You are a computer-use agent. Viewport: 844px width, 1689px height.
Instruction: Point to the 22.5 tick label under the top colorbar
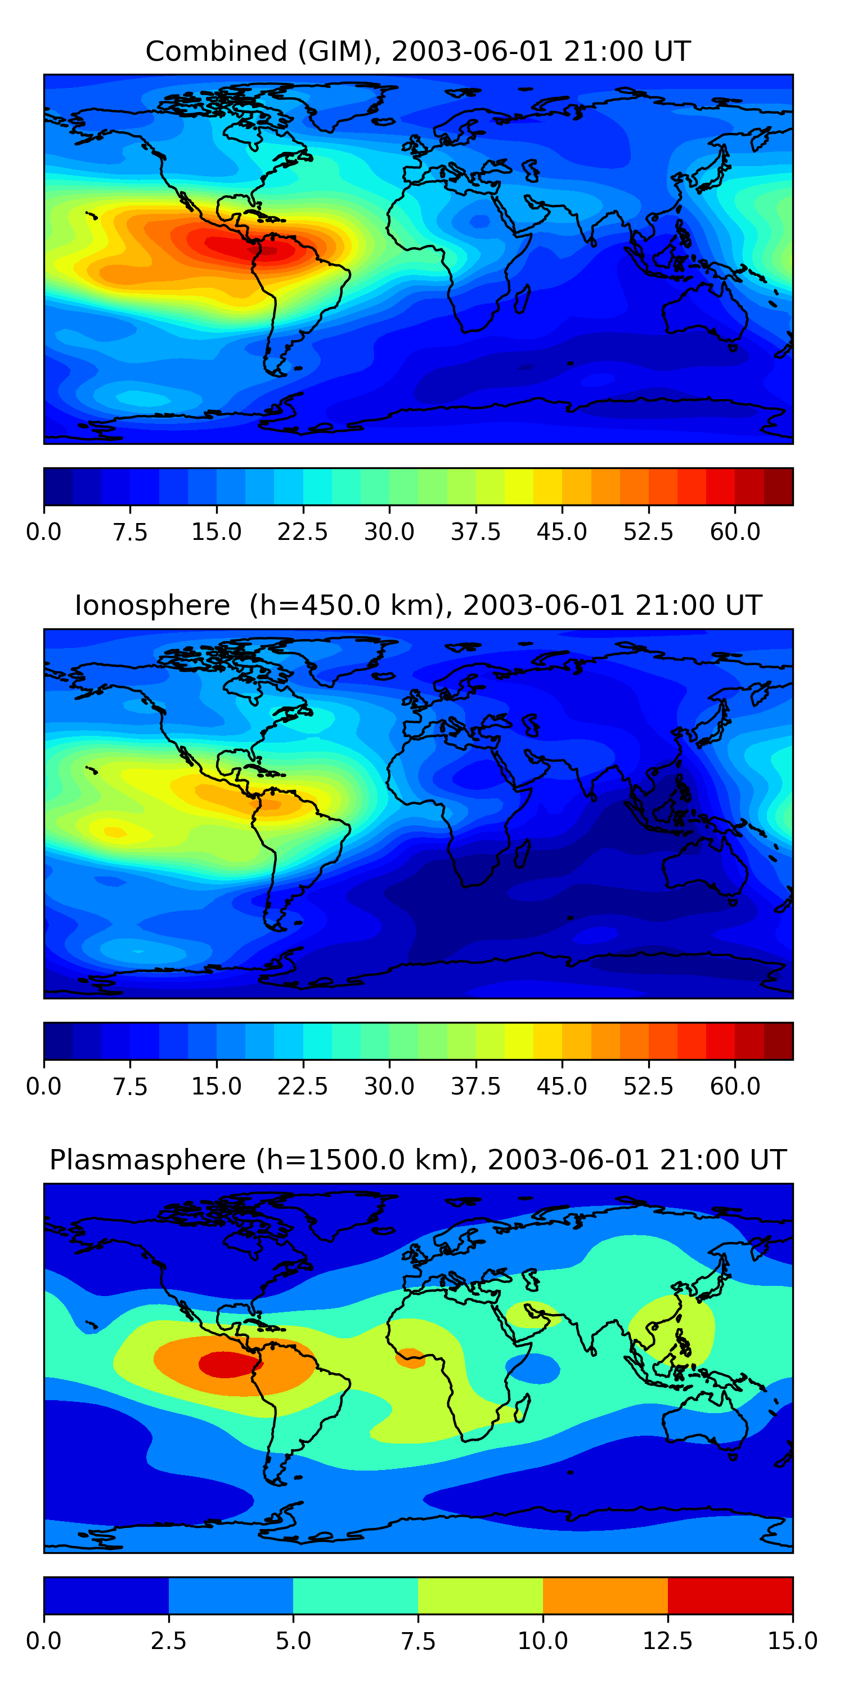point(302,531)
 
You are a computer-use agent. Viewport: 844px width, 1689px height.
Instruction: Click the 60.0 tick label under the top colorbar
point(735,531)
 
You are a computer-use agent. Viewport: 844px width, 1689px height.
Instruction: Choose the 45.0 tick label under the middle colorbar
point(562,1086)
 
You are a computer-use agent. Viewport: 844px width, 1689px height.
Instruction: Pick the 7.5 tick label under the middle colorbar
point(130,1086)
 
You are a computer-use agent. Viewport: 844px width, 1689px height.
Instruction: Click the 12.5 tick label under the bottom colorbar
point(667,1641)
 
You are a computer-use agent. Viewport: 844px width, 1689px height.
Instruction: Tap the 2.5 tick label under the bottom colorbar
point(168,1641)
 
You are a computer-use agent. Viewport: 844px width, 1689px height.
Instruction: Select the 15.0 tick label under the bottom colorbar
point(792,1641)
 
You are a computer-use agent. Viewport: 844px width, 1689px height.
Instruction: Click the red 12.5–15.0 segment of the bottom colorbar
point(730,1595)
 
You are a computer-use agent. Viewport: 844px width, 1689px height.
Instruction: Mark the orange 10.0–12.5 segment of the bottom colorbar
point(605,1595)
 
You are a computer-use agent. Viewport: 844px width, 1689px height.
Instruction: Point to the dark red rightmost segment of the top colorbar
point(779,486)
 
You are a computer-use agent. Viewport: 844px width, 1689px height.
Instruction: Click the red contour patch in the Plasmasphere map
point(226,1365)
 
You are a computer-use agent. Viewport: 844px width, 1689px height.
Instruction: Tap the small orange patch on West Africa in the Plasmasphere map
point(410,1357)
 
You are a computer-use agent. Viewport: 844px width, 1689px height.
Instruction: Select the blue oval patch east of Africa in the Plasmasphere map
point(534,1369)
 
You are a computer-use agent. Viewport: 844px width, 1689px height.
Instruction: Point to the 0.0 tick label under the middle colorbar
point(44,1086)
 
